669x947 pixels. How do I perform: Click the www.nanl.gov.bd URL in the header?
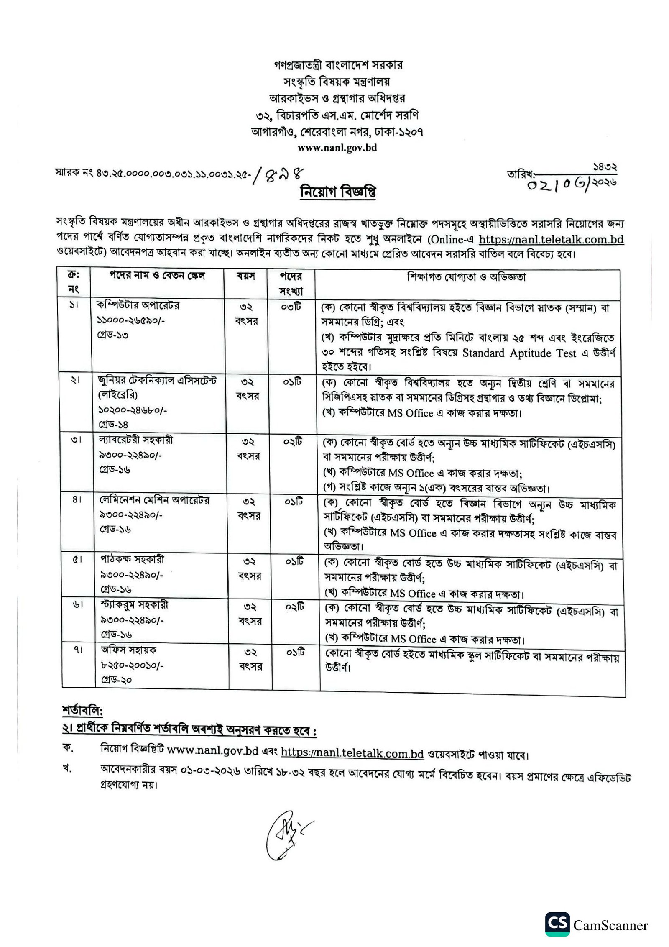[337, 148]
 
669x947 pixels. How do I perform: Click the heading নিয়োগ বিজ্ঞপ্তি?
[337, 192]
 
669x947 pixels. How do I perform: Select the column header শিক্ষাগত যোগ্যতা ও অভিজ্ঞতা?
[466, 277]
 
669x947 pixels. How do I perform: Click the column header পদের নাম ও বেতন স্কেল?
[157, 276]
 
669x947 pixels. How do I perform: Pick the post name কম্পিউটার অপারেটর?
[138, 305]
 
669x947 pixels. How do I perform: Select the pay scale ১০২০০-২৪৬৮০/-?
[133, 410]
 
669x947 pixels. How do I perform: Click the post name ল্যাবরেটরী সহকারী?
[136, 440]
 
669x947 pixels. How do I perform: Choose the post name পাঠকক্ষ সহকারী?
[132, 560]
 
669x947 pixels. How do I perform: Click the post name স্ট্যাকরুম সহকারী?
[134, 605]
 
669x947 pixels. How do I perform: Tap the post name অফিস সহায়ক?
[129, 650]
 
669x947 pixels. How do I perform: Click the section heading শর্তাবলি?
[82, 711]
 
